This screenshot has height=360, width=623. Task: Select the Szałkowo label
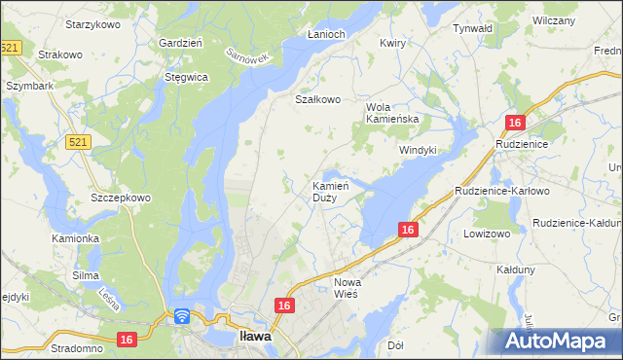(x=318, y=99)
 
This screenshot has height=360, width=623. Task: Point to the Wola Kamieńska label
(x=391, y=113)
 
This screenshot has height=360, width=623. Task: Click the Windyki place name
(x=418, y=150)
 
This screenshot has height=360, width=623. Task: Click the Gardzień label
(x=180, y=43)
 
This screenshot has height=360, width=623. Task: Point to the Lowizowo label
(x=487, y=234)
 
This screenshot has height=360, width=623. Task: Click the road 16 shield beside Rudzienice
(x=515, y=122)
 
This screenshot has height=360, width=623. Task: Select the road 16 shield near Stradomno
(x=126, y=340)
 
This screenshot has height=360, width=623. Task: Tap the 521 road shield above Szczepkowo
(x=79, y=142)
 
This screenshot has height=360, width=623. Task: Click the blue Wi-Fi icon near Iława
(x=182, y=316)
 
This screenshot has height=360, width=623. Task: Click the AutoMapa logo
(x=558, y=342)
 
